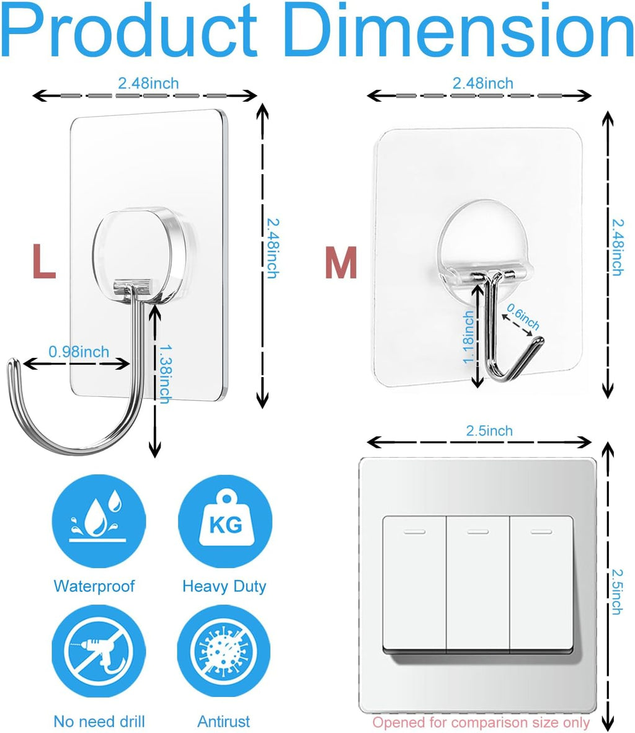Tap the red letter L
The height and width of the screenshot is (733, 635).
pyautogui.click(x=43, y=261)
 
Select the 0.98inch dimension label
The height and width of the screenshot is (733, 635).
pyautogui.click(x=79, y=352)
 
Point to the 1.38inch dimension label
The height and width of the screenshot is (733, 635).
pyautogui.click(x=164, y=374)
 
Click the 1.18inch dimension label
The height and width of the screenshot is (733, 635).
pyautogui.click(x=468, y=337)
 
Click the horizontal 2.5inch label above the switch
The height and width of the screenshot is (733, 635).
pyautogui.click(x=489, y=430)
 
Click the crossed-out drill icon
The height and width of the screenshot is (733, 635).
pyautogui.click(x=99, y=655)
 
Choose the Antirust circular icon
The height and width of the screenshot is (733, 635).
pyautogui.click(x=224, y=655)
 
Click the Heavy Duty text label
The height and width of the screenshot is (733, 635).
pyautogui.click(x=224, y=586)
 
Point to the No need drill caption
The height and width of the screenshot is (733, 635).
pyautogui.click(x=99, y=721)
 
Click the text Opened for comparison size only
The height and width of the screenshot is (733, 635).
pyautogui.click(x=481, y=722)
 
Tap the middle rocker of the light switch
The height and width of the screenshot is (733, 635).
pyautogui.click(x=477, y=583)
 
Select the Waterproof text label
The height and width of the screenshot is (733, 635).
pyautogui.click(x=94, y=586)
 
